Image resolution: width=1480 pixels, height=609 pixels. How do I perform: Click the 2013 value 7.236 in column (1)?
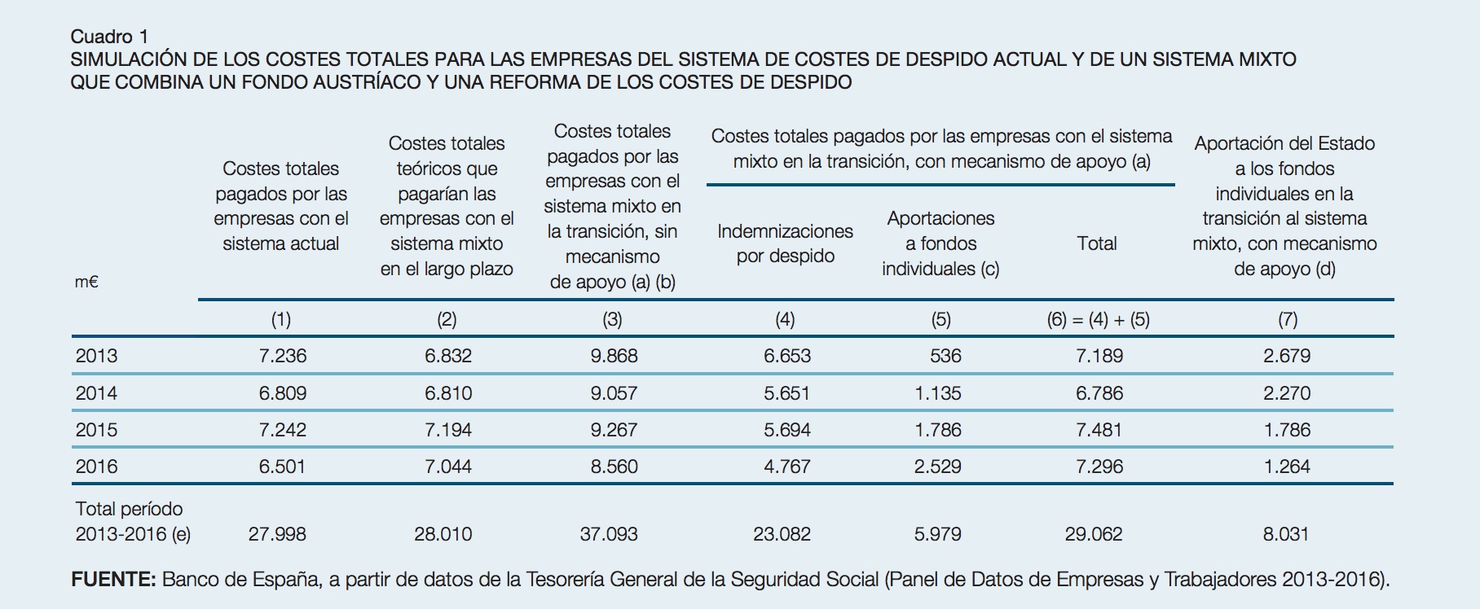(x=282, y=356)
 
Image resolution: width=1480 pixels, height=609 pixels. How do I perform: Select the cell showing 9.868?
(x=614, y=356)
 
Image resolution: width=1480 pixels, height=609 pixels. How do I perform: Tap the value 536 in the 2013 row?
(x=945, y=356)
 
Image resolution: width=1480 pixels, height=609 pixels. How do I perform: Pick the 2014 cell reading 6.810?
(x=447, y=393)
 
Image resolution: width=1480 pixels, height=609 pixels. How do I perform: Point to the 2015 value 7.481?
(x=1099, y=430)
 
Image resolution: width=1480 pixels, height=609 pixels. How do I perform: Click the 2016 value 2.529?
(x=938, y=467)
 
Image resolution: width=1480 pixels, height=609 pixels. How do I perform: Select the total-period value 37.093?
(x=608, y=534)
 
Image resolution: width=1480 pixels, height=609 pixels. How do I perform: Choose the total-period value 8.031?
(x=1285, y=534)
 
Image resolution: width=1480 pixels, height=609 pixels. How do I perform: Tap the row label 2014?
(x=96, y=393)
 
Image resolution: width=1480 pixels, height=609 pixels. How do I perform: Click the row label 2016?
(x=96, y=467)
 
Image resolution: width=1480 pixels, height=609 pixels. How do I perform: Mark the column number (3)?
(x=612, y=319)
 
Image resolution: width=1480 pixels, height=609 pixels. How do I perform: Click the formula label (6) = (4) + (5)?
(x=1098, y=319)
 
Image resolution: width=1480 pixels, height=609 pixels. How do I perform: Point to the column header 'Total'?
(x=1097, y=243)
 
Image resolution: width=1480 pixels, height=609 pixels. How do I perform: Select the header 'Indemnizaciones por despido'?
(x=785, y=243)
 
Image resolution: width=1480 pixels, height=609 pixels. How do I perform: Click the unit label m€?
(x=86, y=283)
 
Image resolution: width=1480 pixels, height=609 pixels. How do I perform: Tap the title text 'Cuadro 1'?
(x=109, y=36)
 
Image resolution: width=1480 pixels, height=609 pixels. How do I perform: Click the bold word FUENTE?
(x=113, y=580)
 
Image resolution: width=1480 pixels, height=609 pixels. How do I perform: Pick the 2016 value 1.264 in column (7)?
(x=1287, y=467)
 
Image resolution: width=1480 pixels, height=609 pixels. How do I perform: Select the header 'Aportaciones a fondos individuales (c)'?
(x=940, y=243)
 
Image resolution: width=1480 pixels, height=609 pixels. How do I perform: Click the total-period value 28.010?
(x=443, y=534)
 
